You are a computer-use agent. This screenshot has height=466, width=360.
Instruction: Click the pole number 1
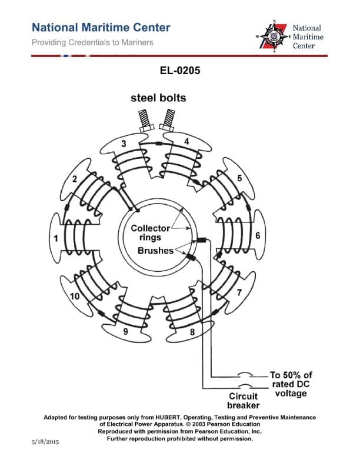tap(56, 239)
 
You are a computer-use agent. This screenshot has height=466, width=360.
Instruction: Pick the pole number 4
tap(186, 142)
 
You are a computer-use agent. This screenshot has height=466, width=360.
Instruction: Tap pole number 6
tap(258, 235)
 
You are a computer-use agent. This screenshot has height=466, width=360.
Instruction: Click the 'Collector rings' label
tap(150, 232)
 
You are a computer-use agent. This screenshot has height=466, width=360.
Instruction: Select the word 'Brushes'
tap(155, 250)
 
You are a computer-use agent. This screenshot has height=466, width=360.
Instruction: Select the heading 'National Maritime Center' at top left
tap(101, 28)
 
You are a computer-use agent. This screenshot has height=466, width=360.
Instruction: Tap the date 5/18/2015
tap(45, 441)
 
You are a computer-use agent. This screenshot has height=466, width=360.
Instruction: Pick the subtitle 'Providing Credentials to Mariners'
tap(92, 42)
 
